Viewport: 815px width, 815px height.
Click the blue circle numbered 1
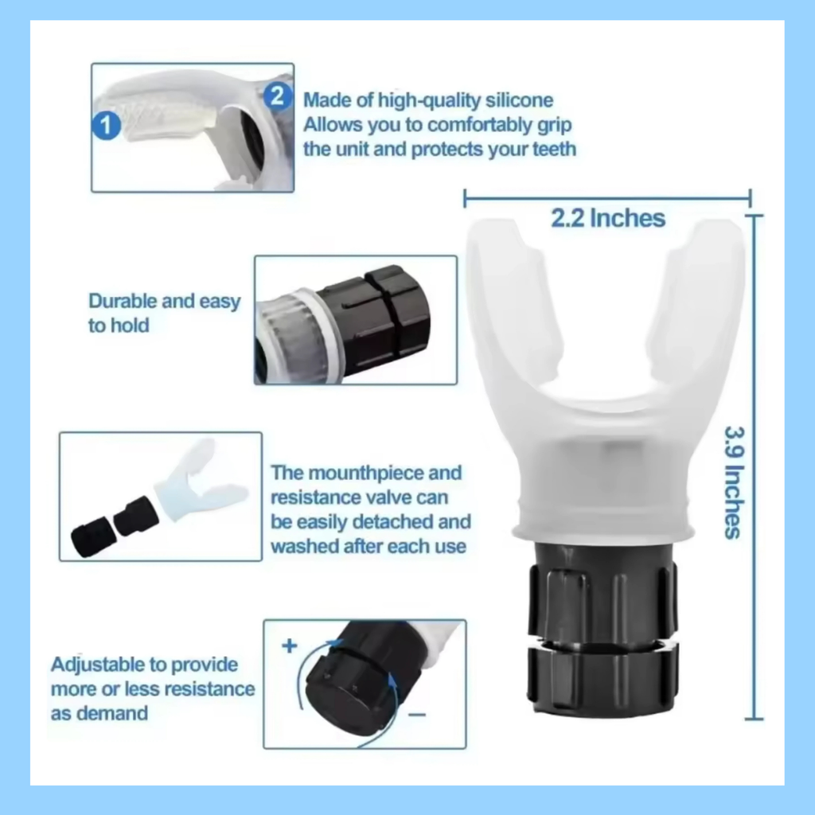(106, 125)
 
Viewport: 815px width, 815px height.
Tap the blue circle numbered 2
(277, 96)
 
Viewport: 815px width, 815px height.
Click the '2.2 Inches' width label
(607, 218)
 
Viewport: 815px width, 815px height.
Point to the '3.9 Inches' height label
(735, 482)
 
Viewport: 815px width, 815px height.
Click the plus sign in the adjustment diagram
(290, 645)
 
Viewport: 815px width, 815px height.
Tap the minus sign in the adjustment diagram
(417, 715)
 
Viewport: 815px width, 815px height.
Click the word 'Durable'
(123, 301)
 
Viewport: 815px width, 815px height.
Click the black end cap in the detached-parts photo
(91, 539)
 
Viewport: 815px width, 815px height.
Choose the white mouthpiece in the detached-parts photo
(200, 482)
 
